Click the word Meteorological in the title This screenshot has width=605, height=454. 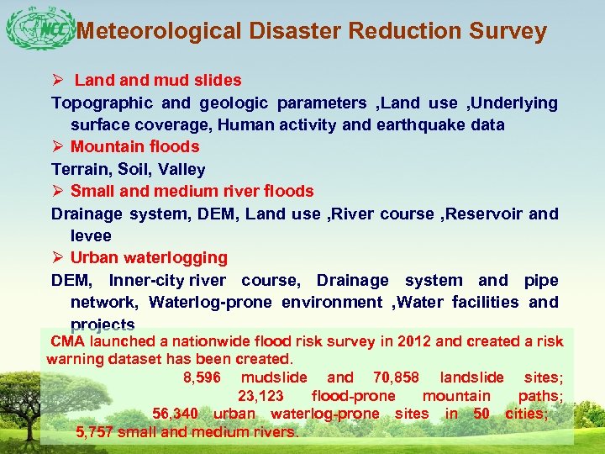pyautogui.click(x=159, y=32)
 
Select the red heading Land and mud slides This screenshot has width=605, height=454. pyautogui.click(x=157, y=81)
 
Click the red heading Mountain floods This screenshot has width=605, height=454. pyautogui.click(x=134, y=147)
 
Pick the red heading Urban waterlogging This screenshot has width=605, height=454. pyautogui.click(x=149, y=257)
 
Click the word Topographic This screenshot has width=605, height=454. pyautogui.click(x=102, y=103)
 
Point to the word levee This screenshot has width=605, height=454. pyautogui.click(x=91, y=236)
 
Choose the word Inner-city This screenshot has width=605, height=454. pyautogui.click(x=148, y=280)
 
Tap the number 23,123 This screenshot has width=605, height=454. pyautogui.click(x=260, y=396)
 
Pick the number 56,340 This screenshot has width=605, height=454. pyautogui.click(x=175, y=414)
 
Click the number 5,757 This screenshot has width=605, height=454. pyautogui.click(x=94, y=433)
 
